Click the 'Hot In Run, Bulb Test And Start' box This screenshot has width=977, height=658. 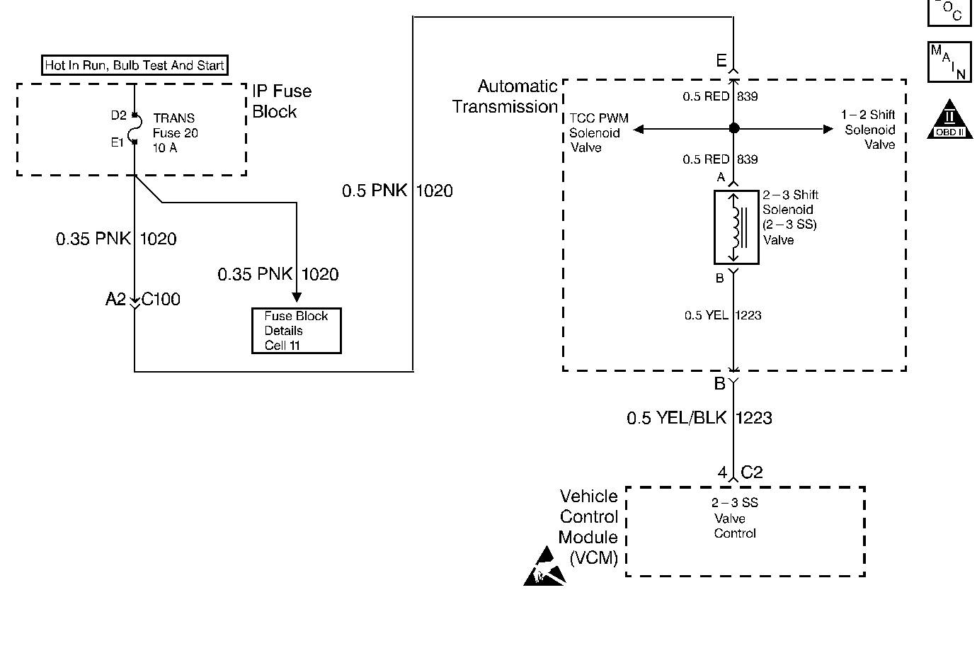(x=135, y=66)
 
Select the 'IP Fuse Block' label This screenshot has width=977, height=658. (x=281, y=101)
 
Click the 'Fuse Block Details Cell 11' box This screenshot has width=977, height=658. (x=297, y=331)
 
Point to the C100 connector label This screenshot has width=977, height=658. (x=161, y=300)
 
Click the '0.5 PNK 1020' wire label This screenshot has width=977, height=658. (x=397, y=191)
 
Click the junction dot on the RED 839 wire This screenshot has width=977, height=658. (x=734, y=129)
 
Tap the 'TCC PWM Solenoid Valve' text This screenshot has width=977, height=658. (x=598, y=133)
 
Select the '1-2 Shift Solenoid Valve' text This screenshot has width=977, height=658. (x=869, y=130)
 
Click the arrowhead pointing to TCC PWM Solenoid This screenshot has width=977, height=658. (x=639, y=129)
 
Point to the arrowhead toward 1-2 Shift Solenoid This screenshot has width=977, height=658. (x=828, y=129)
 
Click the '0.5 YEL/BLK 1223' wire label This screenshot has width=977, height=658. (x=699, y=418)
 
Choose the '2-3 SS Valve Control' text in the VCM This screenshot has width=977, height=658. (x=734, y=518)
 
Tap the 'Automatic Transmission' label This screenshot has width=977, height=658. (x=505, y=96)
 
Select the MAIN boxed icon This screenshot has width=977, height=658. (x=949, y=62)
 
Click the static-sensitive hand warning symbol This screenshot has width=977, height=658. (x=544, y=567)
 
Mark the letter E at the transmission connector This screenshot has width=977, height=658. (x=721, y=61)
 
